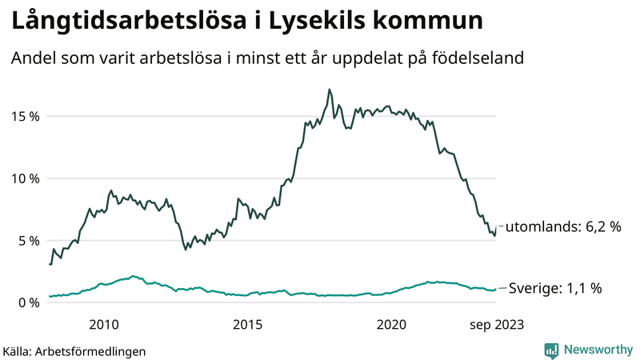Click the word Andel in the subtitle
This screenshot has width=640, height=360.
34,59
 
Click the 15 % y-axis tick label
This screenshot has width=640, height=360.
24,117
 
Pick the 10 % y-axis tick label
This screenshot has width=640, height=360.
24,178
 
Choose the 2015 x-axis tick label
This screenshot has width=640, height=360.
248,324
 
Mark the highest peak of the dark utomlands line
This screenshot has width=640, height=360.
329,90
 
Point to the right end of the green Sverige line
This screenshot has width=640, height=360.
496,289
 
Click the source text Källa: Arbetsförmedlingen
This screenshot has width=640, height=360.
74,350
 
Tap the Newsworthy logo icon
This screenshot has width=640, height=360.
551,350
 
